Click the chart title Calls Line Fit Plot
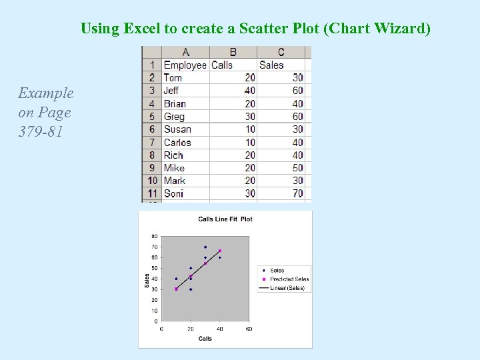(225, 219)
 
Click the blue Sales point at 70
(205, 247)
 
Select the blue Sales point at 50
(191, 268)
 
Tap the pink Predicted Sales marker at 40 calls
(220, 251)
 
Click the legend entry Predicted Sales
(289, 279)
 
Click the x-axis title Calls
(205, 339)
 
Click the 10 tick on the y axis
(154, 311)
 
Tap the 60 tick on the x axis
(249, 329)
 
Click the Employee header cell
(185, 65)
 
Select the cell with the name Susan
(177, 129)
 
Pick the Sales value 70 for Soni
(297, 193)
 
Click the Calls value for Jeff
(249, 91)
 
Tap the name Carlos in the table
(177, 142)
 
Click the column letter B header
(233, 52)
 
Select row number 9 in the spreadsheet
(152, 168)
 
